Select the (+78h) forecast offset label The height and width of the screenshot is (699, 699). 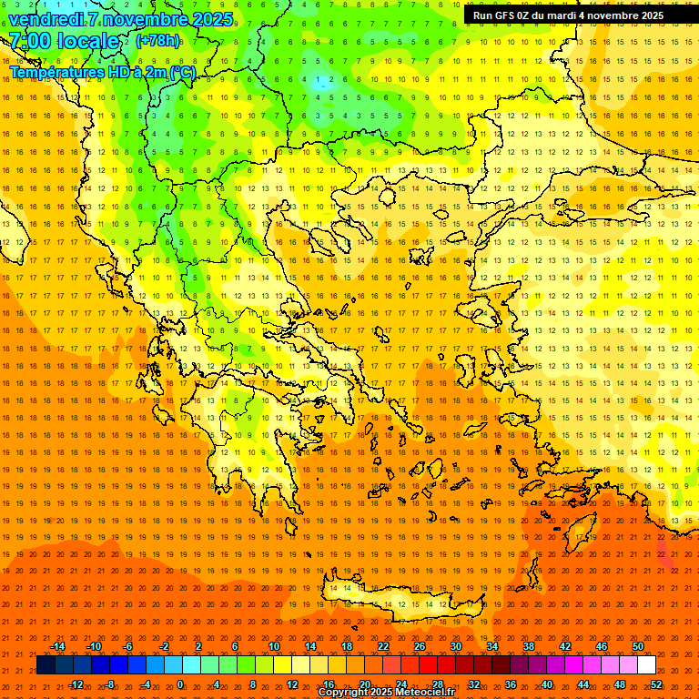point(157,41)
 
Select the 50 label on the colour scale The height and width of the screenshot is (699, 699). point(637,646)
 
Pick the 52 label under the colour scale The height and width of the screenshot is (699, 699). point(655,684)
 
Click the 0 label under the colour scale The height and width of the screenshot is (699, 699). point(180,684)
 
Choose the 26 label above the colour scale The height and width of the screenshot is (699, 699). point(420,646)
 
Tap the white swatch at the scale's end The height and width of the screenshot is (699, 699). point(646,665)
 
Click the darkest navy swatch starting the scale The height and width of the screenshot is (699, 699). point(46,665)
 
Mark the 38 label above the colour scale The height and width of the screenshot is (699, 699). point(528,646)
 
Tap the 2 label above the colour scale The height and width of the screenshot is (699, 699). point(198,646)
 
